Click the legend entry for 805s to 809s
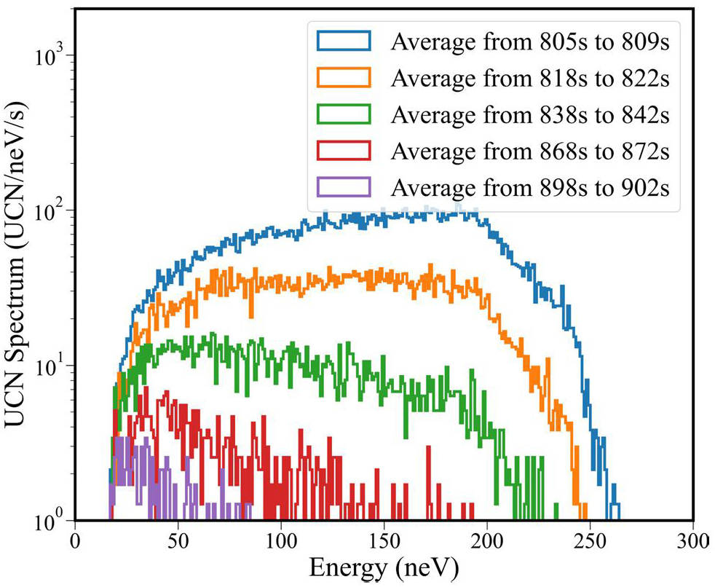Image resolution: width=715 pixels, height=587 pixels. coord(530,42)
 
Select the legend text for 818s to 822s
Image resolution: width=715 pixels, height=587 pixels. coord(530,78)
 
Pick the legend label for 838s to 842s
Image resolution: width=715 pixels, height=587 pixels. coord(530,114)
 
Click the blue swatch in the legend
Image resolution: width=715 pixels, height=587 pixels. coord(344,42)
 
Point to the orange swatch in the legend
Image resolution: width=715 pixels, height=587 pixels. coord(344,78)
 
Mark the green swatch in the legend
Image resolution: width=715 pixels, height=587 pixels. coord(344,114)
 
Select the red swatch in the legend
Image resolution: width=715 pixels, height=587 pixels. coord(344,151)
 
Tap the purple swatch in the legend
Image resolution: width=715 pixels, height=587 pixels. coord(344,187)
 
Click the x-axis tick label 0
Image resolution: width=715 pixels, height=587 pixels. coord(74,540)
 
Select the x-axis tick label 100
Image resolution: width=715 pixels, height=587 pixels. coord(280,540)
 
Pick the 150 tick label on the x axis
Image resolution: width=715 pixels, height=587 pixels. coord(384,540)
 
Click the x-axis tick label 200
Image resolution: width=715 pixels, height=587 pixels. coord(486,540)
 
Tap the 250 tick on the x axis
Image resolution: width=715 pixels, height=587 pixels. coord(590,540)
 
